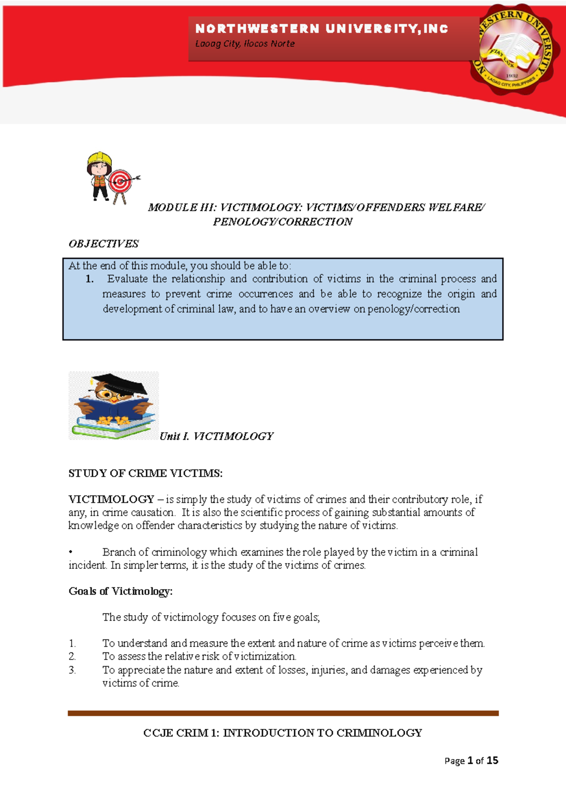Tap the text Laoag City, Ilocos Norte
pos(245,44)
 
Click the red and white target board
pos(121,181)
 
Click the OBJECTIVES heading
pos(103,244)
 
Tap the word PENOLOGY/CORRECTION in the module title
pos(283,222)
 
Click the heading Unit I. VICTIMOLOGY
pos(216,436)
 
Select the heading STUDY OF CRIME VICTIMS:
pos(145,473)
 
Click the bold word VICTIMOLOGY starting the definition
pos(111,499)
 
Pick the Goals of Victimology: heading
pos(121,591)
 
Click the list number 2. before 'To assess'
pos(72,656)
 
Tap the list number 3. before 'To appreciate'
pos(72,670)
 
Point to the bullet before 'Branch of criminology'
pos(70,552)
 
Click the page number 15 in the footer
pos(492,760)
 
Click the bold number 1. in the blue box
pos(90,279)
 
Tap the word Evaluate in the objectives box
pos(127,279)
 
